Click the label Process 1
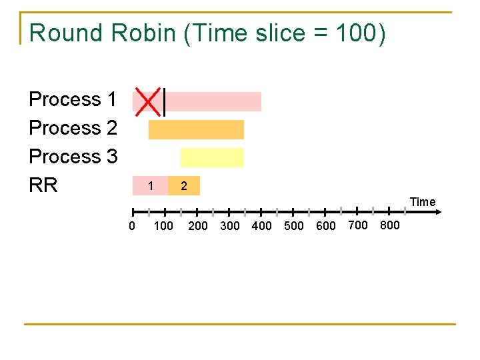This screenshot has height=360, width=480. point(73,100)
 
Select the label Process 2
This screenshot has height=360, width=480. point(73,128)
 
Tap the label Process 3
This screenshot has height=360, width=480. point(73,157)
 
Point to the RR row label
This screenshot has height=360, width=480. point(43,185)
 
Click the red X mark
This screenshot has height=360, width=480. point(148,100)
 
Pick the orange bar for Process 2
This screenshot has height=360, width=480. point(196,129)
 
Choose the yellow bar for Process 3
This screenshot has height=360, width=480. point(212,157)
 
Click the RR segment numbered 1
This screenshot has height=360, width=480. point(151,186)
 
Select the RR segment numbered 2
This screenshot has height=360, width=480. point(184,186)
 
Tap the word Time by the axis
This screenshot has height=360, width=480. point(423,202)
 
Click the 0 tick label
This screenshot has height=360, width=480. point(132,226)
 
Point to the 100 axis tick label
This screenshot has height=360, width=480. point(163,226)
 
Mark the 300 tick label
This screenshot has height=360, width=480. point(229,226)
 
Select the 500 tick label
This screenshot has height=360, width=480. point(294,226)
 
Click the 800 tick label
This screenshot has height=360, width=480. point(389,225)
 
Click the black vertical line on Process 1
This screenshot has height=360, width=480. point(164,101)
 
